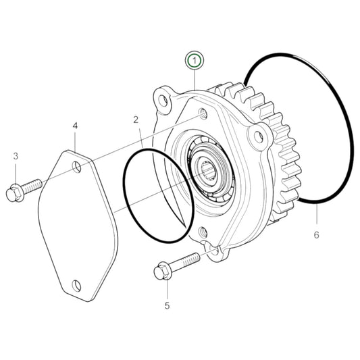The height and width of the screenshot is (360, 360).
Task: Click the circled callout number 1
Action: (x=195, y=61)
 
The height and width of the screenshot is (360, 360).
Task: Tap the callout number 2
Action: (x=136, y=120)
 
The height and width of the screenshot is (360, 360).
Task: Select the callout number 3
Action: (x=15, y=157)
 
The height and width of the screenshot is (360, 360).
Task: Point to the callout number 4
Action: (x=75, y=126)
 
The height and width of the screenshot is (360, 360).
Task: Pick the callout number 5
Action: (x=167, y=305)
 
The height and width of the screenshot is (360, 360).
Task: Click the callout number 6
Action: (x=316, y=235)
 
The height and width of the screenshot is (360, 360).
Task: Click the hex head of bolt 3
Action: (x=13, y=193)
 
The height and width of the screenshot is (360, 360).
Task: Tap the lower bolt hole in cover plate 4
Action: (x=76, y=286)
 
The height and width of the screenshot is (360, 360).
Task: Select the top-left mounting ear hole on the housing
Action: (x=162, y=101)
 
